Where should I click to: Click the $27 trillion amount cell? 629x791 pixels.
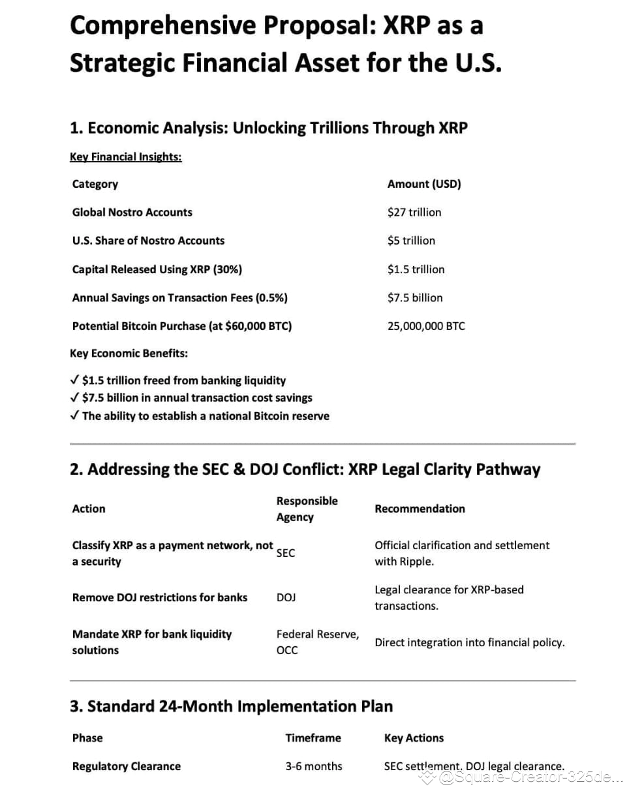414,212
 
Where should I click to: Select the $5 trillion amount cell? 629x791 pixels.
411,240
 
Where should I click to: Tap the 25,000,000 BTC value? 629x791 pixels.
426,326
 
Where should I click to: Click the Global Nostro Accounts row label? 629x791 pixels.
132,212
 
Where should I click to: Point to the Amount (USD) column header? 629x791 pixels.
424,184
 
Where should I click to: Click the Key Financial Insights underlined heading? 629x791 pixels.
125,157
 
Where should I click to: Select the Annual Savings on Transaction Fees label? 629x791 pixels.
179,297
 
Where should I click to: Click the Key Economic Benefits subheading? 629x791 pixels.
129,353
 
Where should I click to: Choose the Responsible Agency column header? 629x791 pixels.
307,509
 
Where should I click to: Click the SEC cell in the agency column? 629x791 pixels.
286,553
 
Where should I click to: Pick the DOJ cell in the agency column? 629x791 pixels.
286,597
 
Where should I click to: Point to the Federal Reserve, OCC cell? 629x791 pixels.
317,642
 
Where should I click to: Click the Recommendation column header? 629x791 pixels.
420,509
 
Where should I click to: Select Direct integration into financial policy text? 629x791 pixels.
469,642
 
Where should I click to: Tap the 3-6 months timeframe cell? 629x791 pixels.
313,766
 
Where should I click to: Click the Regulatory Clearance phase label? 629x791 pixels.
126,766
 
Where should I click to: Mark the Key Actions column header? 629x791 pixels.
414,738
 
